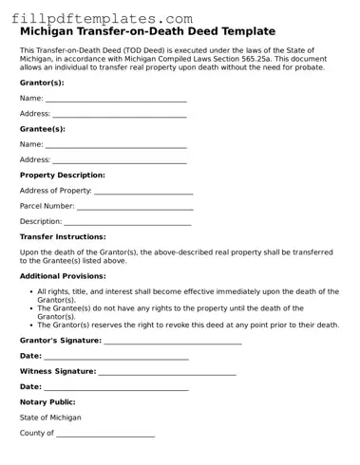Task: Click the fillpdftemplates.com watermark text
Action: click(x=98, y=18)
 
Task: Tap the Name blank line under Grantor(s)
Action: click(x=116, y=99)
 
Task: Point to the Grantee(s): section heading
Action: click(x=43, y=128)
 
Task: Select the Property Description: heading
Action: click(x=63, y=175)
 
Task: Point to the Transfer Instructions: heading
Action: click(x=63, y=236)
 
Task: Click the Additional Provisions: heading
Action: click(x=63, y=275)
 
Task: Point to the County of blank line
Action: click(x=105, y=434)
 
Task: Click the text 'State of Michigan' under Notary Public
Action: click(x=50, y=418)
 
